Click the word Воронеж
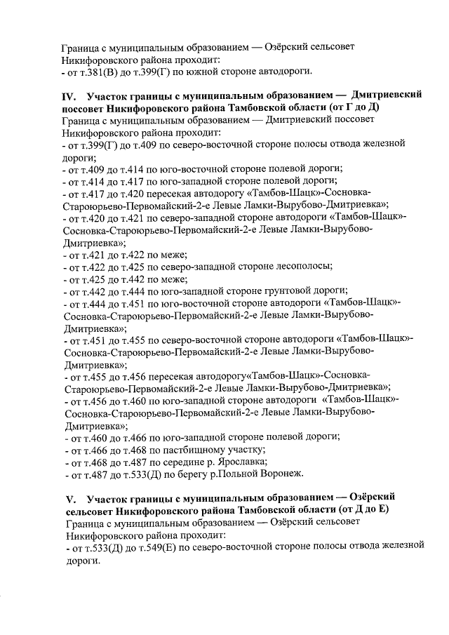282,474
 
